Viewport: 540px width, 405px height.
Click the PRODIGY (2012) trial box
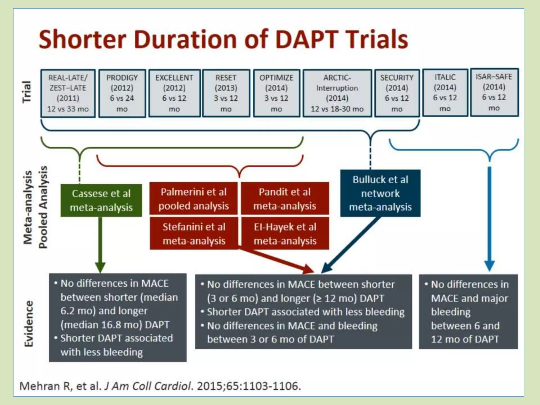tap(122, 93)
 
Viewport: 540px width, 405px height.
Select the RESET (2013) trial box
tap(226, 93)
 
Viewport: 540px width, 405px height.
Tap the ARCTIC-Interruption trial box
tap(337, 93)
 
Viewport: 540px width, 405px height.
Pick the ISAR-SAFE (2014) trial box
tap(494, 92)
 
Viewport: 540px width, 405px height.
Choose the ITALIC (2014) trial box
tap(445, 93)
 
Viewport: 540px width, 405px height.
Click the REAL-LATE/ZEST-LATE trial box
tap(68, 93)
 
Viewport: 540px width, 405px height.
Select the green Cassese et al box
tap(101, 200)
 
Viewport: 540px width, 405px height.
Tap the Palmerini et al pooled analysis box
tap(194, 199)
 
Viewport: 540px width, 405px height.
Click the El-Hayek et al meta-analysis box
tap(285, 234)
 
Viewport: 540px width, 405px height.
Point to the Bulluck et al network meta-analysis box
tap(380, 193)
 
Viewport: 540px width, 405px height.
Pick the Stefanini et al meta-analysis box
tap(194, 234)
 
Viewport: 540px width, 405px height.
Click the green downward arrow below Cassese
tap(100, 245)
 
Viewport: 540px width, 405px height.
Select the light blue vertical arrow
tap(489, 219)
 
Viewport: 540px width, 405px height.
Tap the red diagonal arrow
tap(277, 261)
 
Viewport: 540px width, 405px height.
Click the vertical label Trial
tap(27, 92)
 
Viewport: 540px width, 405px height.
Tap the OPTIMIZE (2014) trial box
tap(276, 93)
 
